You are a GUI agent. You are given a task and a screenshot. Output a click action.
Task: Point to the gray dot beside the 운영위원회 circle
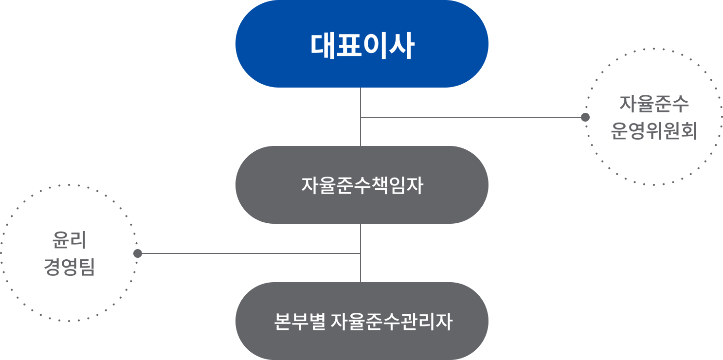(585, 117)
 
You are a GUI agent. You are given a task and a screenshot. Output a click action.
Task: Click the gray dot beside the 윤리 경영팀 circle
(138, 253)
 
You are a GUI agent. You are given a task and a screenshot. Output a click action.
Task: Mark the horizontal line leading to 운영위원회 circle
(472, 117)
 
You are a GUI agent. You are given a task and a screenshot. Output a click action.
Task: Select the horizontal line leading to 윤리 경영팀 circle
(248, 253)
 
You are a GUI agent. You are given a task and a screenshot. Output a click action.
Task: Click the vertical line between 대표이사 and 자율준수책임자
(361, 102)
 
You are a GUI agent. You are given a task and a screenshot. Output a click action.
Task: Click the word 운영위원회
(653, 131)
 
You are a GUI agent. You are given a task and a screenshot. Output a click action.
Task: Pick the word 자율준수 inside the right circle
(653, 104)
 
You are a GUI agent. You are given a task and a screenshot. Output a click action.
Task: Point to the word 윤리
(69, 240)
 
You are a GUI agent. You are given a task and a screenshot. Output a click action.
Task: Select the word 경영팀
(69, 267)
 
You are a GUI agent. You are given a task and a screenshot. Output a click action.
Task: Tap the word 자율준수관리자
(391, 322)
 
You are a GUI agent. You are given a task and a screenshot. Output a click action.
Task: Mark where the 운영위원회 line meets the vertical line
(361, 117)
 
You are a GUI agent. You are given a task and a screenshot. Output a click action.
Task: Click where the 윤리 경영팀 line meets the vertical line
(361, 253)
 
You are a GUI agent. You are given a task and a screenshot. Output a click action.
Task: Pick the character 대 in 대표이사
(322, 46)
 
